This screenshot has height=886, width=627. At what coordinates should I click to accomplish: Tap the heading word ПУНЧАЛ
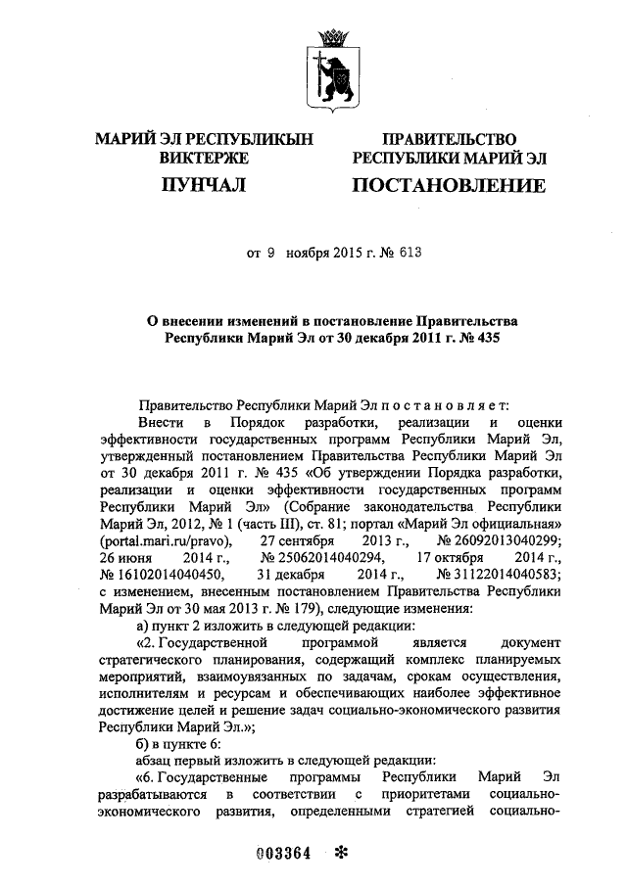tap(204, 185)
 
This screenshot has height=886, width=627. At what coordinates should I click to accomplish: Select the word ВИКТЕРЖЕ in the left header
tap(204, 158)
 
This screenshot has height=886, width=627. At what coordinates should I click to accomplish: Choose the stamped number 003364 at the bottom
tap(283, 851)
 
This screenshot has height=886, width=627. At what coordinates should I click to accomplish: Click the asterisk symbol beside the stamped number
tap(342, 851)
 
